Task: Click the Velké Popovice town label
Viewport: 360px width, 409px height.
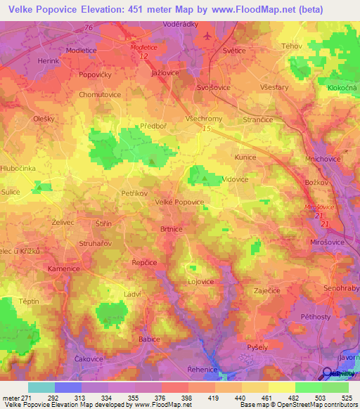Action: [179, 202]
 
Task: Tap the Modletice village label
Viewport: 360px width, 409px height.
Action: [81, 51]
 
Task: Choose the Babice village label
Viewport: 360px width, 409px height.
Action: [150, 339]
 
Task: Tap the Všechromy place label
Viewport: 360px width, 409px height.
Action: [205, 119]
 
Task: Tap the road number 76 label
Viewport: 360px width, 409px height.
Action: [88, 27]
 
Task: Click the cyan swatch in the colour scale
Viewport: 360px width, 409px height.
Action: [41, 387]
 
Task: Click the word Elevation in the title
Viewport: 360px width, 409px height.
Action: [107, 9]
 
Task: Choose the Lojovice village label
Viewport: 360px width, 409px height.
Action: [200, 281]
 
